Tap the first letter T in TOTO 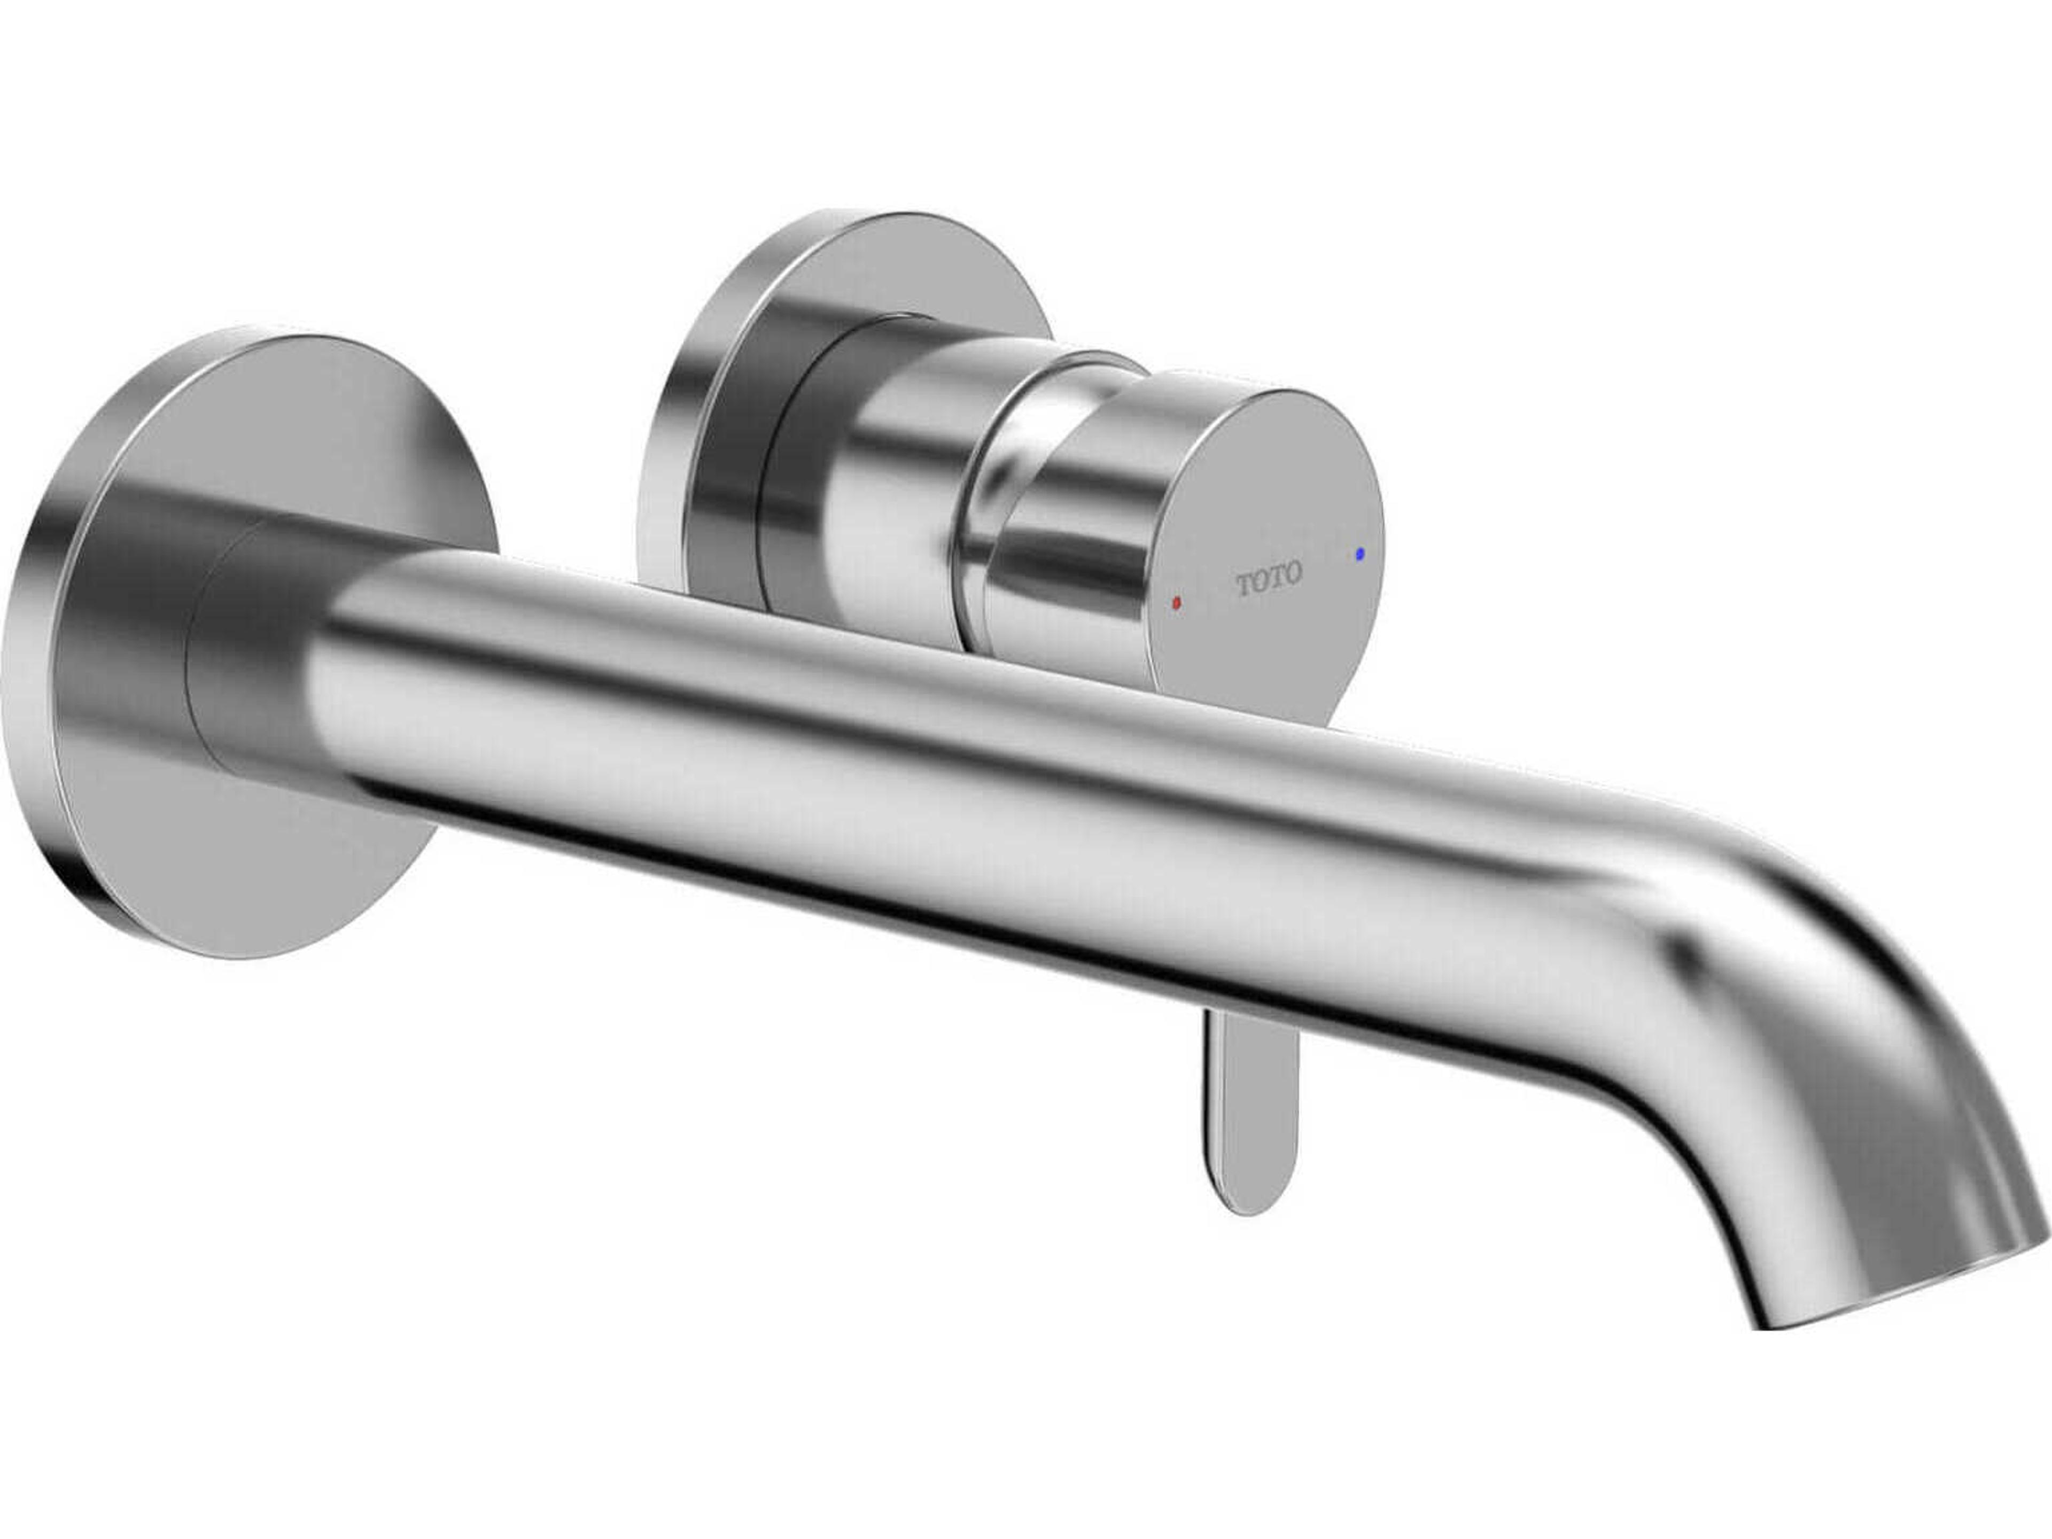point(1244,585)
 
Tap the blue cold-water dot point(1360,553)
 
